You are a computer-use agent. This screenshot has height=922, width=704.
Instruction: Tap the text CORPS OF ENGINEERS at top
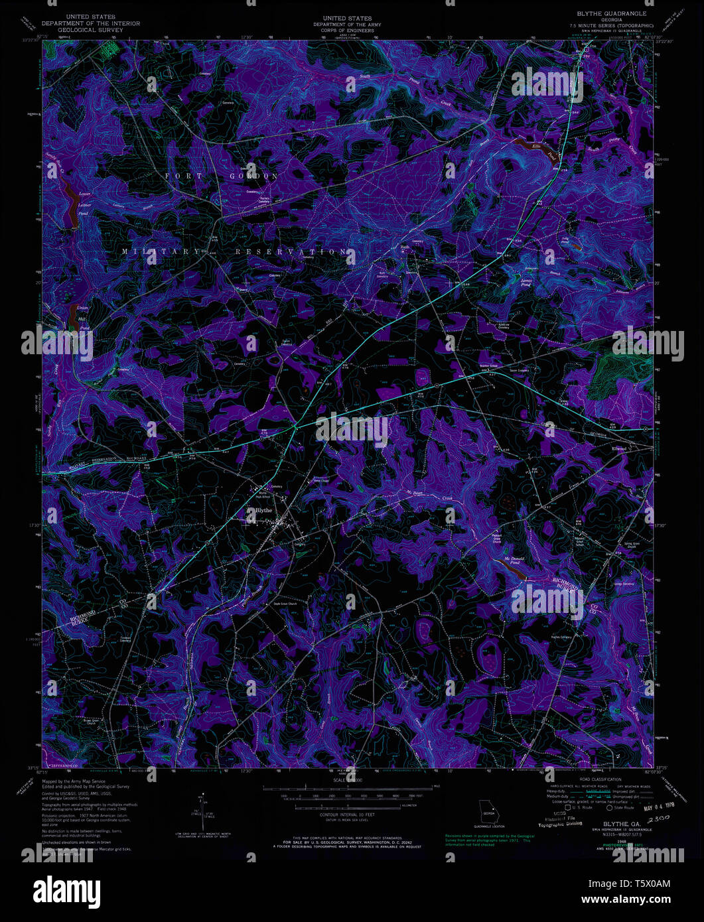pyautogui.click(x=346, y=29)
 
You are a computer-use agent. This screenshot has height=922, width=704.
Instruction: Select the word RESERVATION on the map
pyautogui.click(x=292, y=252)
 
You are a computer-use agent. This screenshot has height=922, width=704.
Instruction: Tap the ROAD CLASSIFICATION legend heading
pyautogui.click(x=600, y=779)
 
